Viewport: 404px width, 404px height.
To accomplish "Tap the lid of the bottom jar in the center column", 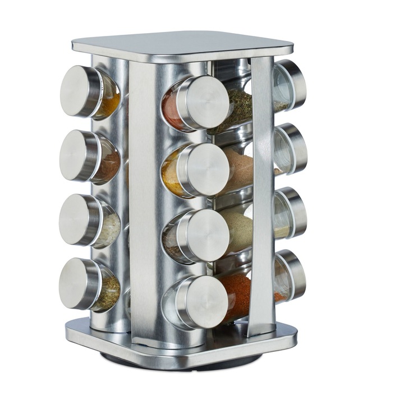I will tap(205, 302).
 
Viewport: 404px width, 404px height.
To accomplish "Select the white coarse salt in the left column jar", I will tap(111, 229).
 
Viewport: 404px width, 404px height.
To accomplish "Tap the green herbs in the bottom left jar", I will tap(111, 292).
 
